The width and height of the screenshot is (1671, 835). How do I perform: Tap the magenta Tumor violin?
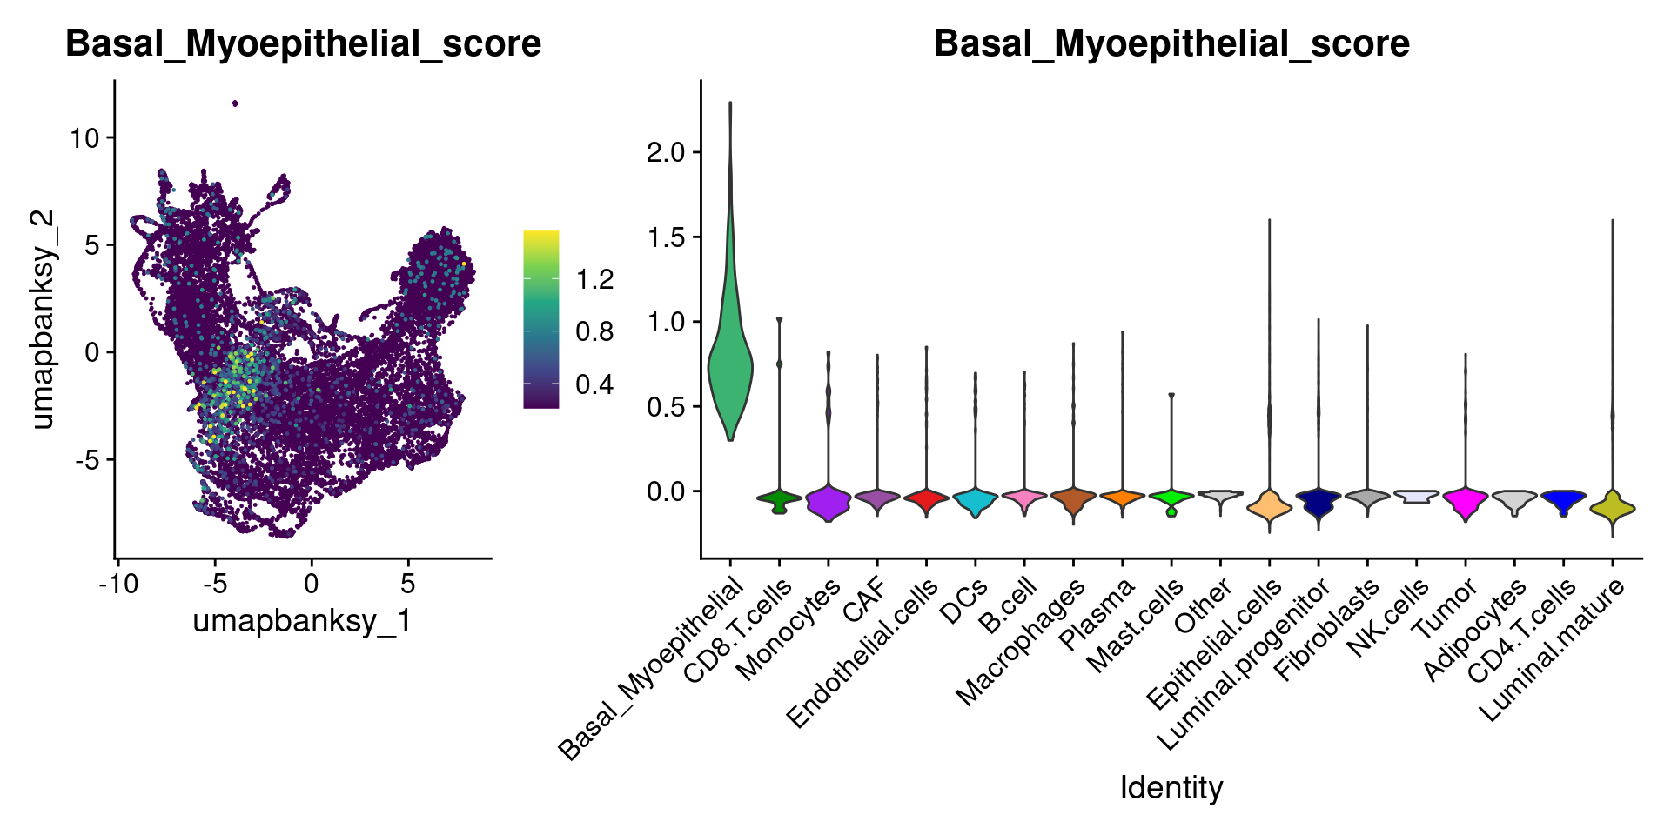click(1466, 502)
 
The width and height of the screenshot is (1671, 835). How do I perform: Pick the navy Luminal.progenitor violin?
click(1319, 502)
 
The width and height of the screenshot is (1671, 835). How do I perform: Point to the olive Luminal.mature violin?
click(1613, 509)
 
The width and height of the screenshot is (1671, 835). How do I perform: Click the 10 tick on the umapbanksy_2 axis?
click(86, 137)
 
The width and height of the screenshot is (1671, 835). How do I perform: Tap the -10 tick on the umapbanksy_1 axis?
click(118, 583)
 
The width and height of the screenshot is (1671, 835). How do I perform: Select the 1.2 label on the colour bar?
click(594, 279)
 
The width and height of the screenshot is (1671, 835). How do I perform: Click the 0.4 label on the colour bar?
click(594, 384)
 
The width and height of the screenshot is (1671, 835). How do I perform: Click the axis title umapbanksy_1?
click(302, 621)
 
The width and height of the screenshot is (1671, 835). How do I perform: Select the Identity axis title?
click(1171, 788)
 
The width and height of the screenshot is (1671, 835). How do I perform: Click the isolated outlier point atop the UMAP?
click(235, 104)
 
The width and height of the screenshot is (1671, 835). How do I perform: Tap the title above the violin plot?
click(1171, 43)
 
